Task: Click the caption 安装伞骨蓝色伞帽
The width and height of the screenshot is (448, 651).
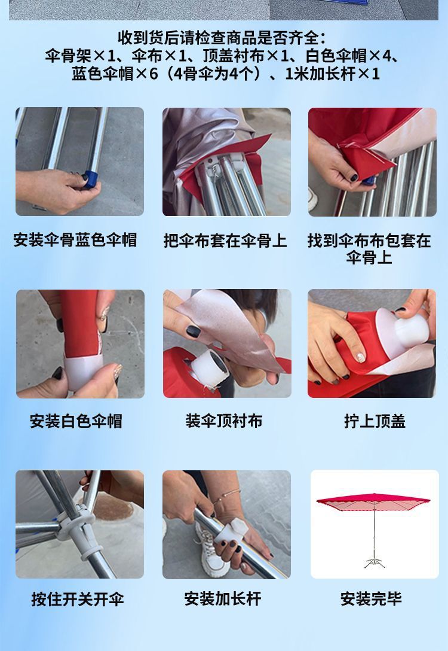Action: coord(75,241)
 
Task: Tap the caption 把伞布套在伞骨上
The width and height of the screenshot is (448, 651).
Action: coord(225,241)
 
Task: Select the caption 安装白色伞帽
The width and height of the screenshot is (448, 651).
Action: coord(76,421)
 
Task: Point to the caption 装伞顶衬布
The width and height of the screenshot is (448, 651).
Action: coord(223,421)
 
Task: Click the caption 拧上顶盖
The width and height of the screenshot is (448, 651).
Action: coord(375,421)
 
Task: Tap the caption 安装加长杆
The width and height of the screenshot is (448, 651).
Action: coord(223,599)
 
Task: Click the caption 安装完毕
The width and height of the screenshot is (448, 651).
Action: coord(371,599)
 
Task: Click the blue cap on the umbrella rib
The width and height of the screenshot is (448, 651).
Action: coord(90,178)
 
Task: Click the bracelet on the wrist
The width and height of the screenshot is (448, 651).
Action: coord(229,495)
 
